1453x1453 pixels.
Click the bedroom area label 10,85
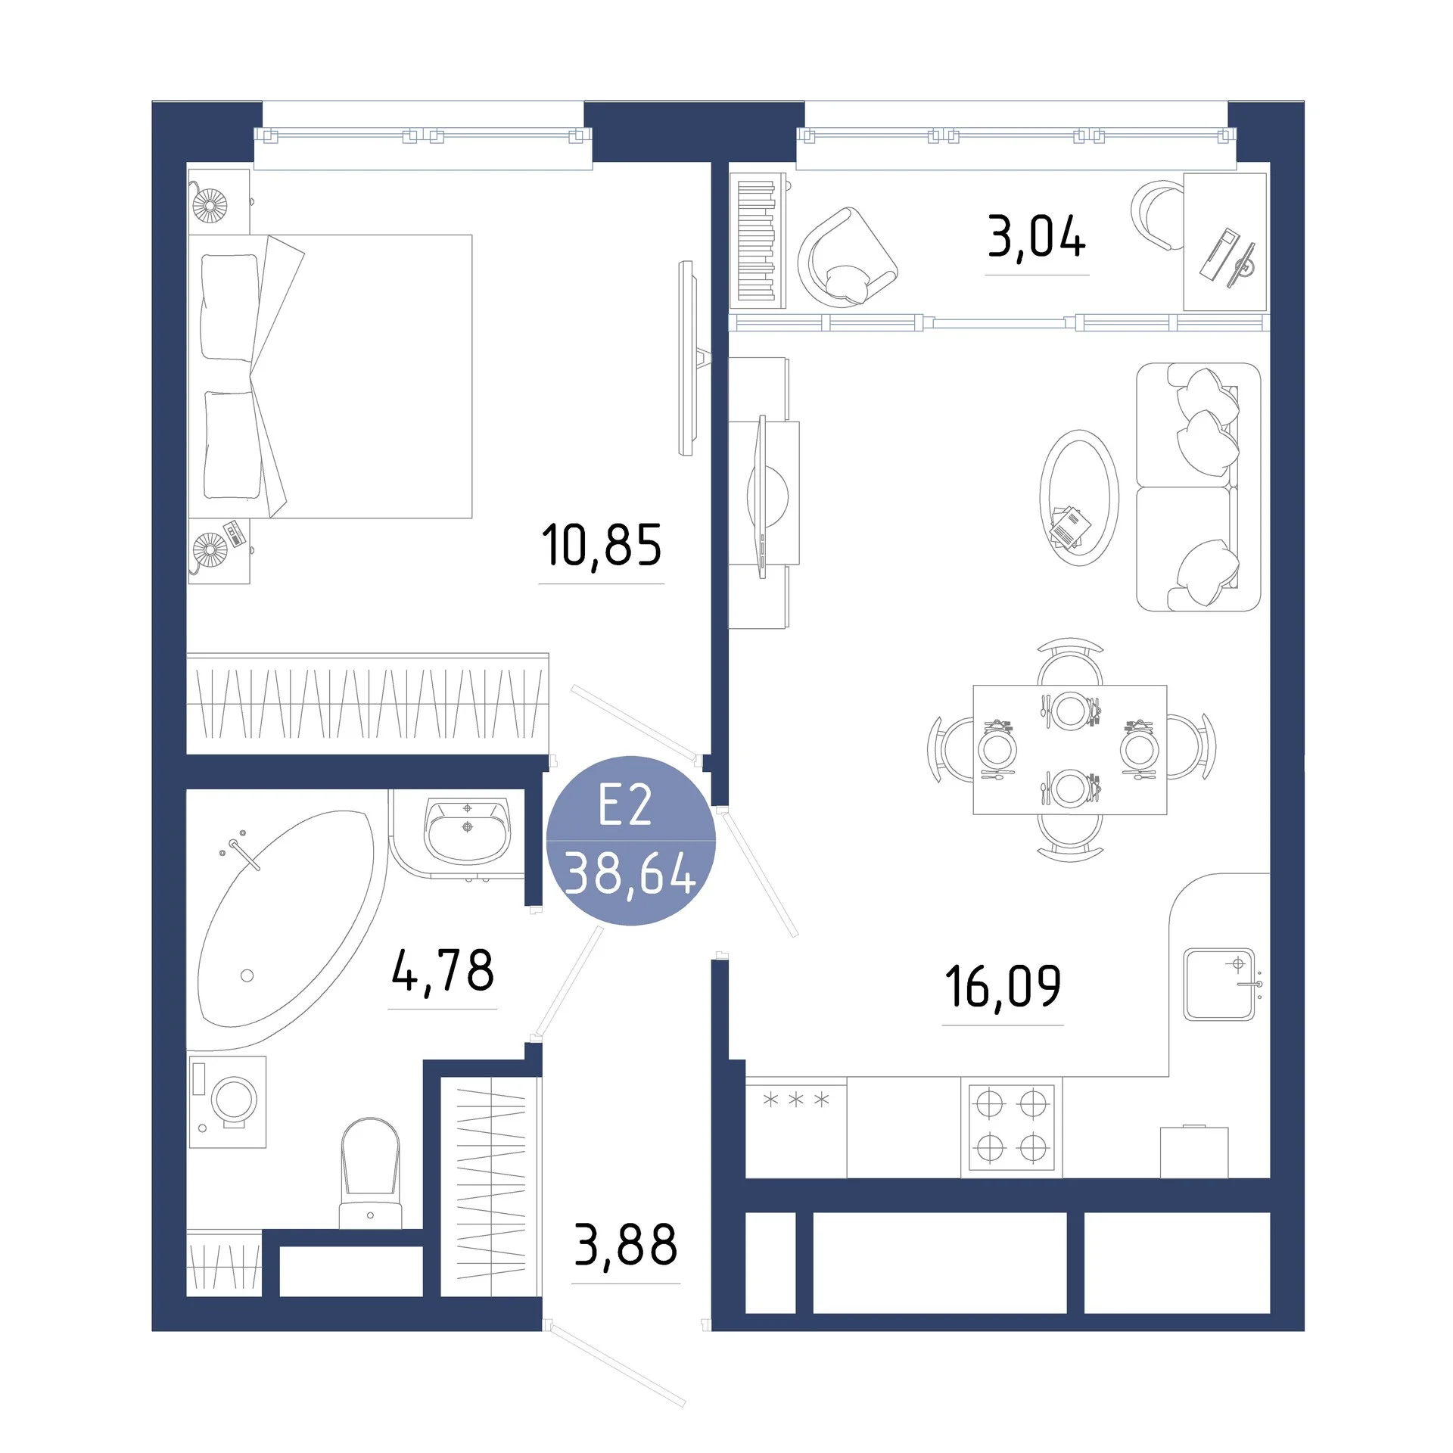602,546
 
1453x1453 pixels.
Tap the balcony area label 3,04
1037,236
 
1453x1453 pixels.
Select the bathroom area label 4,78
443,971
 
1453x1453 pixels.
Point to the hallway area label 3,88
626,1245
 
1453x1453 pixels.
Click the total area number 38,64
630,873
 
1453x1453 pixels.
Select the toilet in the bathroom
370,1172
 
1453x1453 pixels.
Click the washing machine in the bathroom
227,1102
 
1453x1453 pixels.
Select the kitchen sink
1219,984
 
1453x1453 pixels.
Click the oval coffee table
1079,498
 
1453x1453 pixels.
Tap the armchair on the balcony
848,258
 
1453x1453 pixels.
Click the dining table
1070,749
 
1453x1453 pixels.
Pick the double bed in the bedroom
330,376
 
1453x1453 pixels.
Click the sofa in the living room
1198,487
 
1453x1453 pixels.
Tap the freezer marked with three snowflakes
796,1127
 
